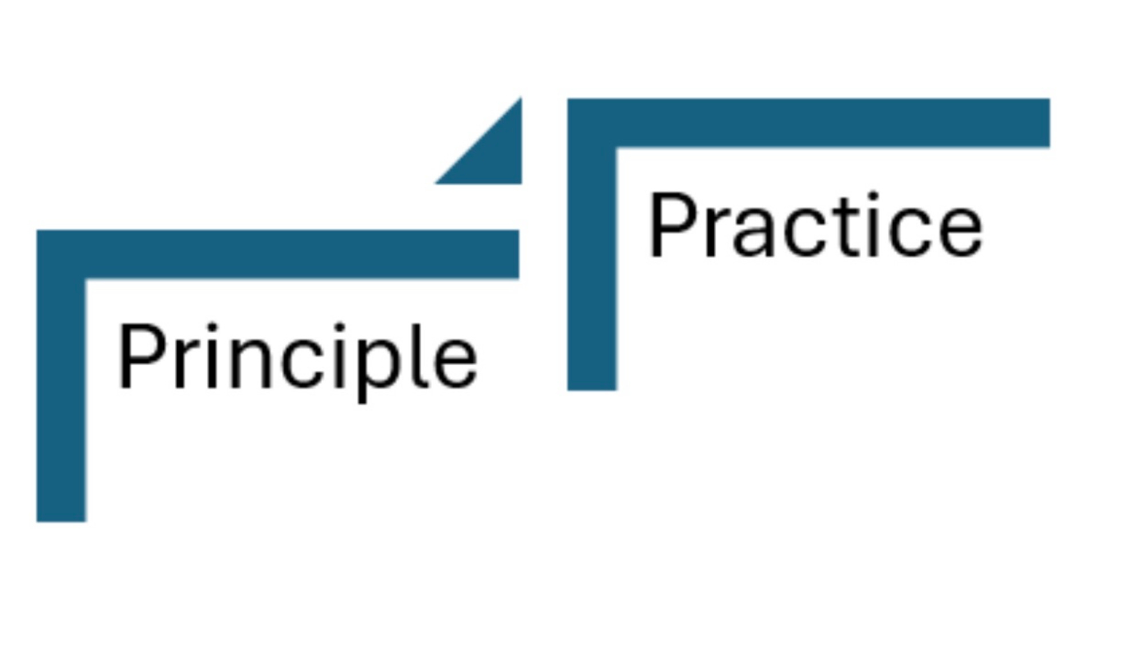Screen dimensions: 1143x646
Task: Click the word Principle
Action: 297,357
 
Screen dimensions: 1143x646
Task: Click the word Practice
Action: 814,227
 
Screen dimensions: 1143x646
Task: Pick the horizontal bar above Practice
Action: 830,123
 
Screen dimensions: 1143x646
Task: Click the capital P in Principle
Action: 137,356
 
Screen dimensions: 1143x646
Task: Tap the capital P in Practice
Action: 667,226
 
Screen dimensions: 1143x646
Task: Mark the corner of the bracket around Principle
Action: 61,254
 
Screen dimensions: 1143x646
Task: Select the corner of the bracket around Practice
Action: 592,123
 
